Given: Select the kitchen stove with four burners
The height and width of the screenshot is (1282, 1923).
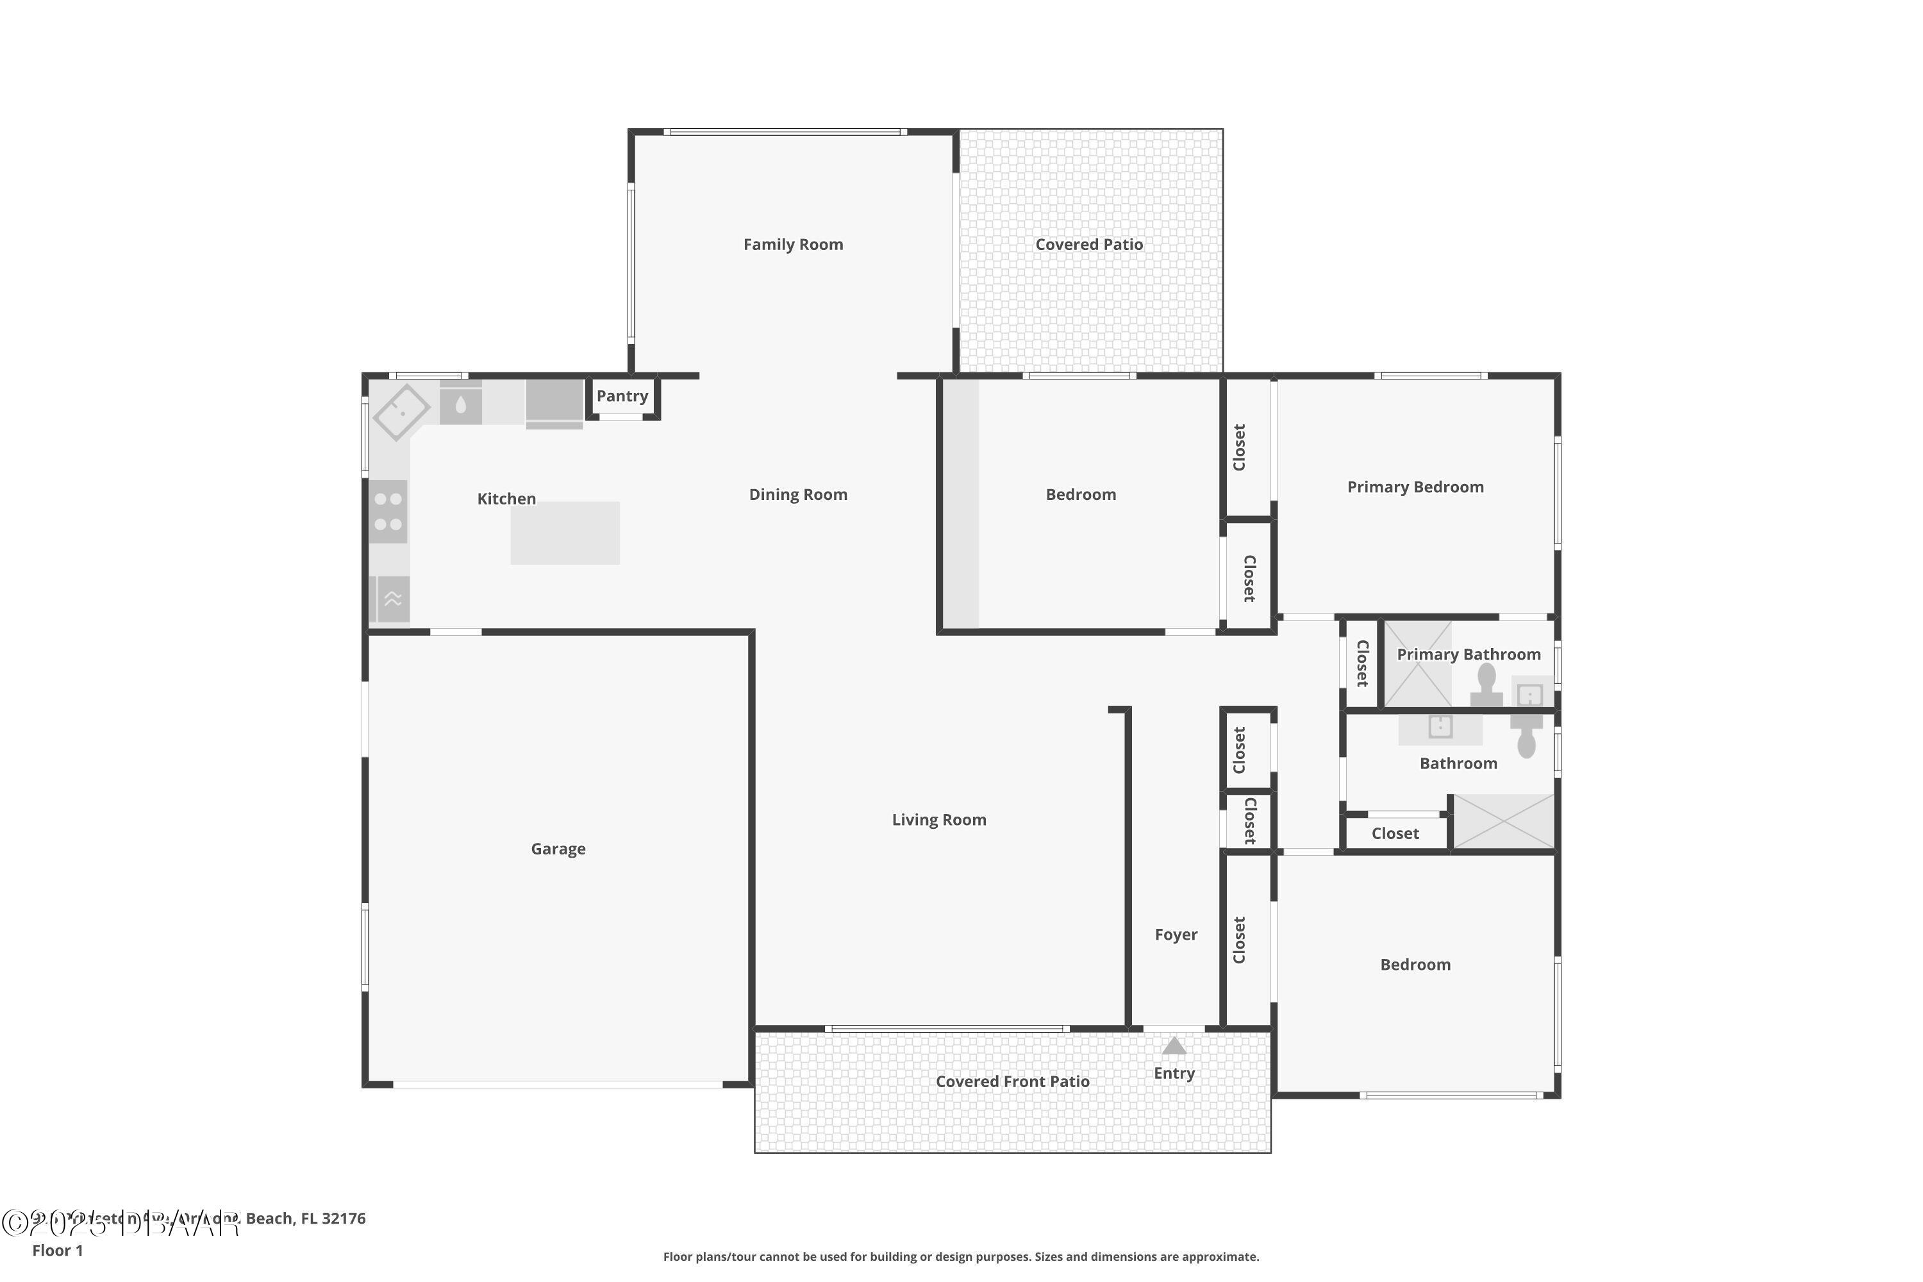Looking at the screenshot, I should pyautogui.click(x=388, y=512).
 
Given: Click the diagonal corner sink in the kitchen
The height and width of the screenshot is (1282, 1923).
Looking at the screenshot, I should pyautogui.click(x=401, y=413).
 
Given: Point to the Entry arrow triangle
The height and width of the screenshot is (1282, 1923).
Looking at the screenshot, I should pyautogui.click(x=1174, y=1045).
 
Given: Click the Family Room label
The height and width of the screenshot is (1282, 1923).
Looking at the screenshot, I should pyautogui.click(x=792, y=244).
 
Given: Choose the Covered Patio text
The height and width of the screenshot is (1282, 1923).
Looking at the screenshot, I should pyautogui.click(x=1088, y=244).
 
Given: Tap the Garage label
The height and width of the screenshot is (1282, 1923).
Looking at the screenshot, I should pyautogui.click(x=558, y=849).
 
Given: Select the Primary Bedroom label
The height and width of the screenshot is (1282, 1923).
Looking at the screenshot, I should pyautogui.click(x=1415, y=487).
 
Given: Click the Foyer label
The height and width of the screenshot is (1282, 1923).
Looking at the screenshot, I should pyautogui.click(x=1175, y=935).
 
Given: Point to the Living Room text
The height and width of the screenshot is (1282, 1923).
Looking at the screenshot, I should pyautogui.click(x=938, y=820).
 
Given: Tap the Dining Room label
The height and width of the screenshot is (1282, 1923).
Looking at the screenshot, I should pyautogui.click(x=797, y=495).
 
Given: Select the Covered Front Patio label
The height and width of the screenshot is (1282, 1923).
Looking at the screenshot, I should pyautogui.click(x=1012, y=1082).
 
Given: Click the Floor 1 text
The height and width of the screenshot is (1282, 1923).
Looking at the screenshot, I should pyautogui.click(x=57, y=1250).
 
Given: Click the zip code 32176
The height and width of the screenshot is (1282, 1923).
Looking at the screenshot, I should pyautogui.click(x=344, y=1219).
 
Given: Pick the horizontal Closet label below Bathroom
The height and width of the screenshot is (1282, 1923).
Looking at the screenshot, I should pyautogui.click(x=1395, y=834).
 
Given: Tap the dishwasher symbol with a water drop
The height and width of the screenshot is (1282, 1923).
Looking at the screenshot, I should pyautogui.click(x=460, y=404).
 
